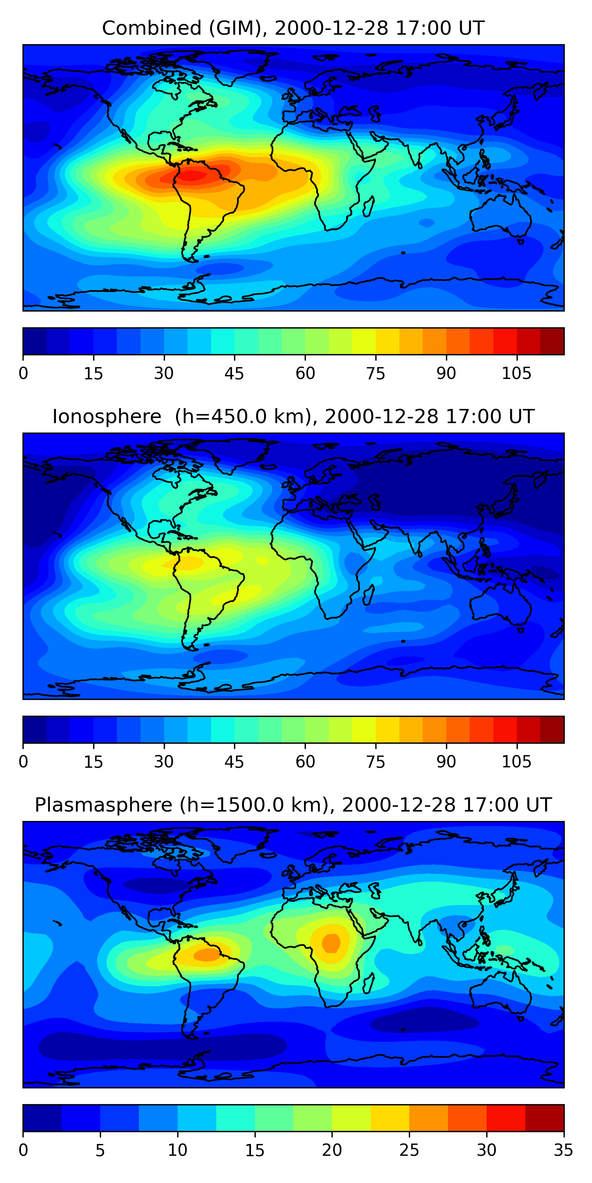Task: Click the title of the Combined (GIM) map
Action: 293,28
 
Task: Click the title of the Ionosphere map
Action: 293,416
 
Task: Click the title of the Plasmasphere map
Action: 293,805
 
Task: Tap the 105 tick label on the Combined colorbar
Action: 516,373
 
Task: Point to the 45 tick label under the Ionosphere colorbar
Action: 234,762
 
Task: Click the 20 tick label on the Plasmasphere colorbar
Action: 332,1150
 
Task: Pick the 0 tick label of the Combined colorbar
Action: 23,373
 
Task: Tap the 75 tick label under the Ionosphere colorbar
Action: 375,762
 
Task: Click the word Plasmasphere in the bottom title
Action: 103,805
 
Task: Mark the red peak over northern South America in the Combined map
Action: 192,175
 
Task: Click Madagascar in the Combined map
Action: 369,206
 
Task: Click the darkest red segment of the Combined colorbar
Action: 552,341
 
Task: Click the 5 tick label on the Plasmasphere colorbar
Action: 100,1150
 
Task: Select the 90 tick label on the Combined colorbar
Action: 446,373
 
